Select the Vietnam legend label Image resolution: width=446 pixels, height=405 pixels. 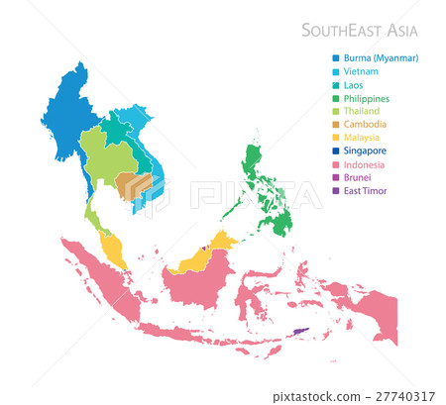click(x=363, y=72)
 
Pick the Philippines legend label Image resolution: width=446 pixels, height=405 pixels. click(x=369, y=99)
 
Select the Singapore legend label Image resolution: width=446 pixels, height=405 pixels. click(x=368, y=152)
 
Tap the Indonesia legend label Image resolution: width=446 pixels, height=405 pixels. click(x=366, y=164)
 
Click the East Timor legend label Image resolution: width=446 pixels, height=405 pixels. click(x=366, y=191)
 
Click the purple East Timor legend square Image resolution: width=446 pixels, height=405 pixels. click(x=336, y=191)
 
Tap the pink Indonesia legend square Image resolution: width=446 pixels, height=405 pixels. click(x=336, y=164)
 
